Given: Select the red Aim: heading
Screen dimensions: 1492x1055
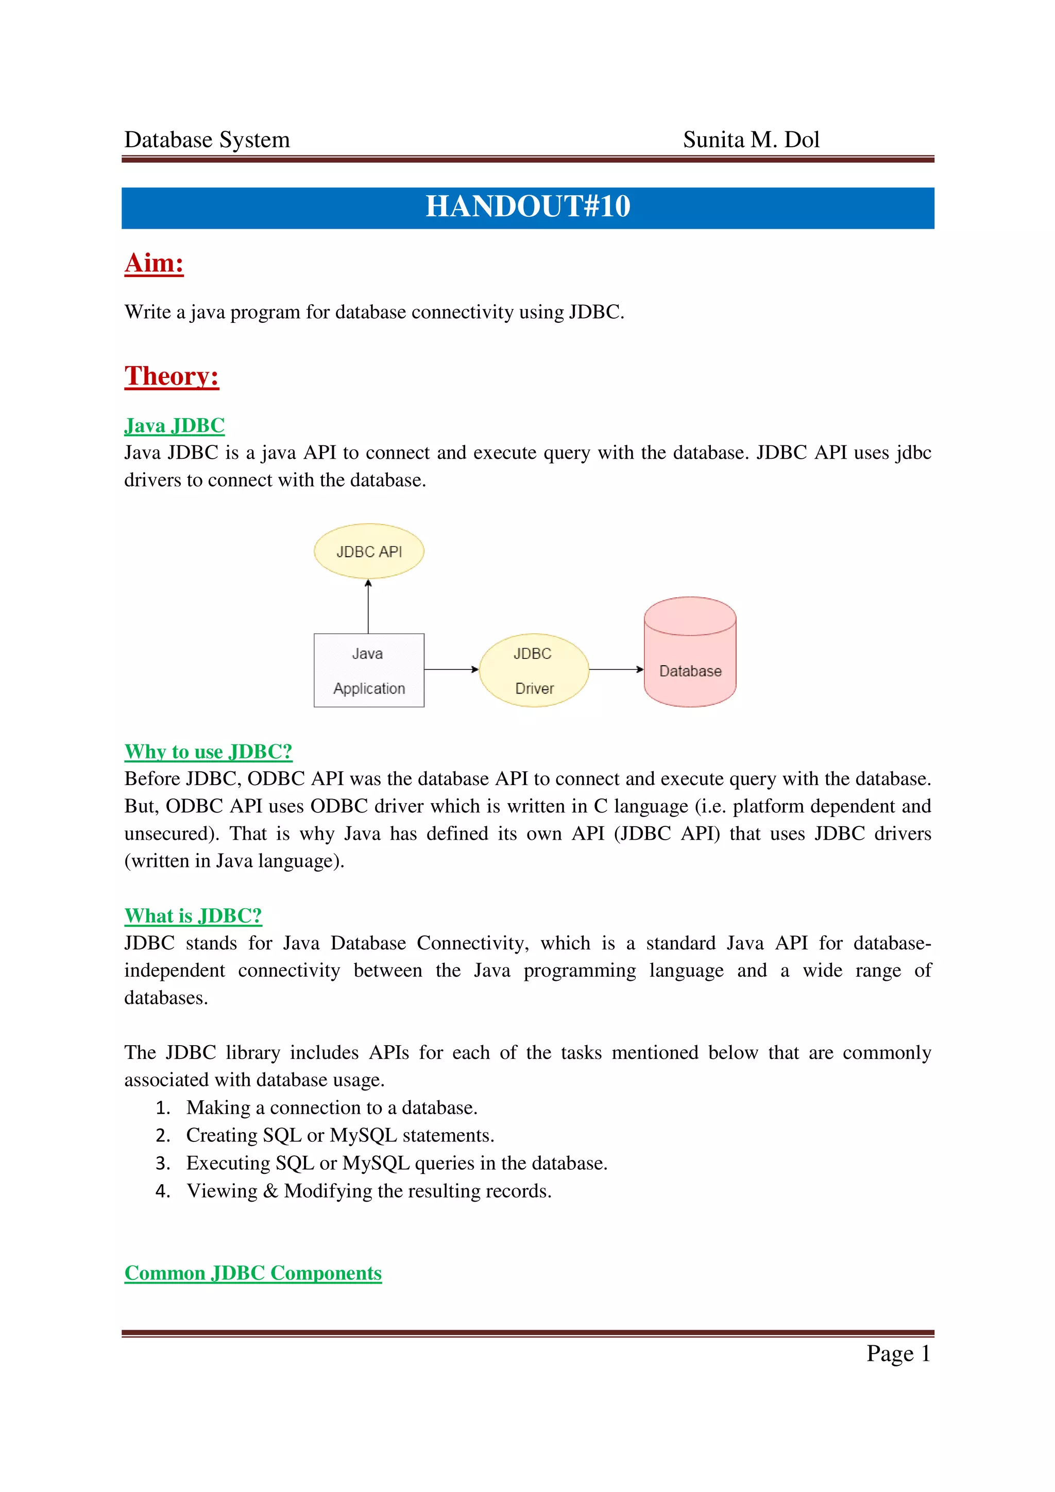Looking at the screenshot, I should [154, 263].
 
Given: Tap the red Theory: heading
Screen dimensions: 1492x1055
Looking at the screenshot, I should [172, 376].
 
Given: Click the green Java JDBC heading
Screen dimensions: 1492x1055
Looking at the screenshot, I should [174, 426].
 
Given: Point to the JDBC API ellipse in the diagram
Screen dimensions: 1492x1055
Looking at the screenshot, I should [368, 551].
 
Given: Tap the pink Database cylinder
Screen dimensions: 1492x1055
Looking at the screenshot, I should [690, 654].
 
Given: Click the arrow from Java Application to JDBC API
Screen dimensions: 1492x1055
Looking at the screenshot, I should [368, 606].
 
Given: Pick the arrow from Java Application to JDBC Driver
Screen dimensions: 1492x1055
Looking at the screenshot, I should [451, 669].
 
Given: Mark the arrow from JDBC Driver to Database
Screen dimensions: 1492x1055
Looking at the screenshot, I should [616, 669].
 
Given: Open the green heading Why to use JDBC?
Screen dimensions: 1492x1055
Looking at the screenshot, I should [208, 752].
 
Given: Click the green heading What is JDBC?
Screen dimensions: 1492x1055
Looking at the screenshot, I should [193, 915].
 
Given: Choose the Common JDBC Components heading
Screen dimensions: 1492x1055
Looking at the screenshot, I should [253, 1273].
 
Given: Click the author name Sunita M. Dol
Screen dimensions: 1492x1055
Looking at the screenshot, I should [751, 140].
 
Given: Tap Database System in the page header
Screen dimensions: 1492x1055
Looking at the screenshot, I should [207, 140].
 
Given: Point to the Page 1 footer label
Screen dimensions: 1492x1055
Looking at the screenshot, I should [898, 1354].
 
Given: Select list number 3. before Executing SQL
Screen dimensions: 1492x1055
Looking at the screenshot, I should [162, 1163].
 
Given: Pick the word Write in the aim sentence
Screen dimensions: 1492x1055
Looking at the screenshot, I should [147, 313].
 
